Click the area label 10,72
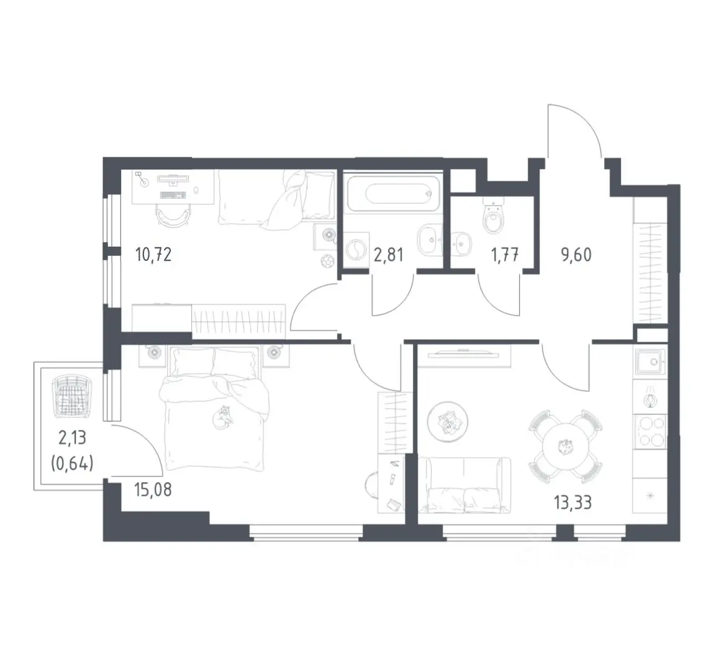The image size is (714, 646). [153, 255]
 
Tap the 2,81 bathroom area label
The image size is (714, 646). [388, 255]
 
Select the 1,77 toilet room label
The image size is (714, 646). [505, 255]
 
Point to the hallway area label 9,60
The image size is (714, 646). [576, 255]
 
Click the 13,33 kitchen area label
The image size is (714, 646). [573, 503]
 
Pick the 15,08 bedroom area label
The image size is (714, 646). [153, 489]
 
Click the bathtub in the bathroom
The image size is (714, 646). [393, 194]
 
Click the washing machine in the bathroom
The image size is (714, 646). [356, 250]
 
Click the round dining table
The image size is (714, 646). [566, 447]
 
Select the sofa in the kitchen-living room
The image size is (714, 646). [464, 485]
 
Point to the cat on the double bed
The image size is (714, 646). [224, 417]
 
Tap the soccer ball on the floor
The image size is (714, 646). [327, 262]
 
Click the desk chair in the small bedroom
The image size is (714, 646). [173, 214]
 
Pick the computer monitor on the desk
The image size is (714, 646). [173, 179]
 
